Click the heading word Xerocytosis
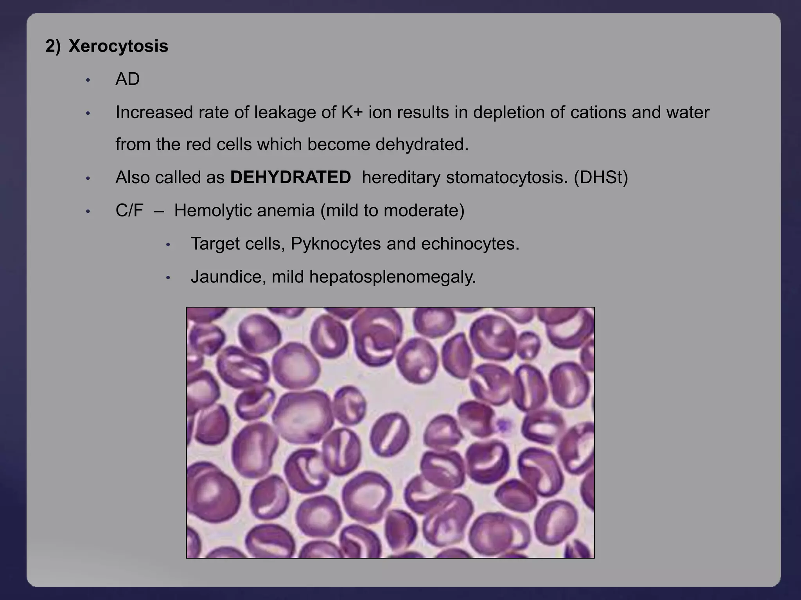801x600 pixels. (x=118, y=46)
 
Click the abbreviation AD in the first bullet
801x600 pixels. (x=128, y=79)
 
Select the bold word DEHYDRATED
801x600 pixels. (x=290, y=178)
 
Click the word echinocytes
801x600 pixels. (x=470, y=244)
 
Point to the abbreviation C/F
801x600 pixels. (x=129, y=211)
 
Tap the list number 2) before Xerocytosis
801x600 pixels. (x=53, y=46)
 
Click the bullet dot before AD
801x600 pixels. (x=88, y=80)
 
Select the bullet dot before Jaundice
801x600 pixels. (x=168, y=278)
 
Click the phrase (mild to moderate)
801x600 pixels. (x=392, y=211)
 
